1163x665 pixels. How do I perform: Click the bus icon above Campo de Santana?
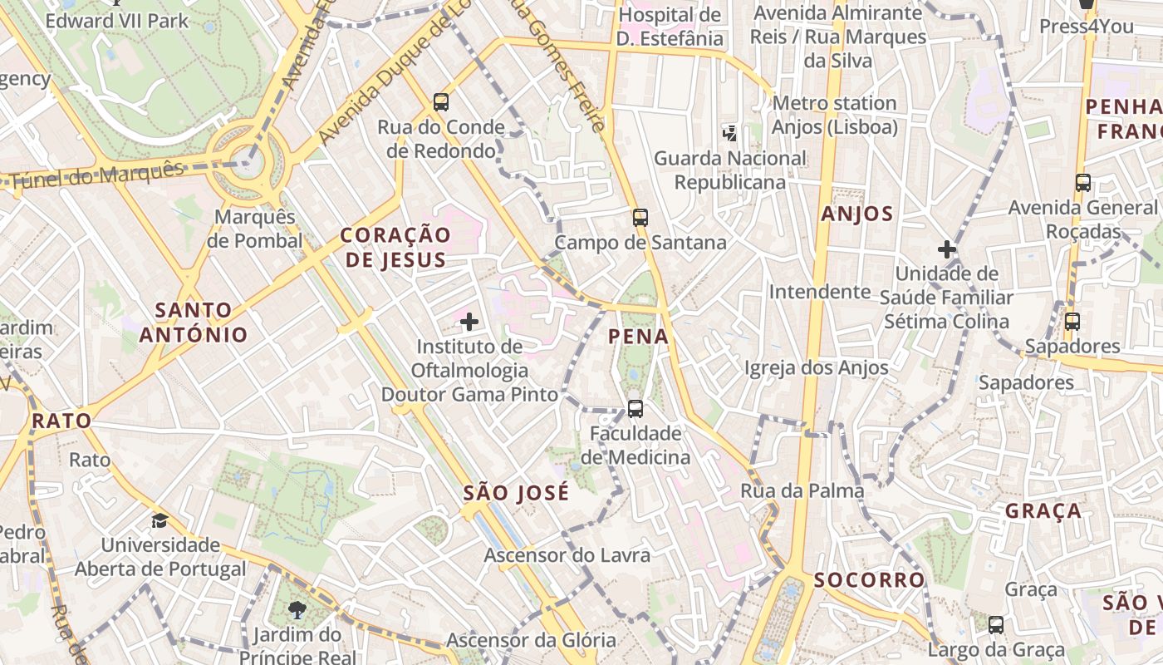click(640, 218)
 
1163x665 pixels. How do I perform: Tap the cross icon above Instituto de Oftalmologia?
click(469, 322)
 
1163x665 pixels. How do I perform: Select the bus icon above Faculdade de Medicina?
click(635, 408)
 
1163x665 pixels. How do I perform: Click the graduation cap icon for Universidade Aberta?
click(159, 521)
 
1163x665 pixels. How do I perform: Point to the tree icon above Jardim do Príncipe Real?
click(297, 610)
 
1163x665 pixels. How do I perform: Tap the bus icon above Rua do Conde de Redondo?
click(441, 102)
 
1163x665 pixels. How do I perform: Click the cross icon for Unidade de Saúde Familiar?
click(946, 249)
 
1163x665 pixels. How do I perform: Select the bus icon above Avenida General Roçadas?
click(1082, 183)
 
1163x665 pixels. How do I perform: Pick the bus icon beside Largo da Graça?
click(995, 624)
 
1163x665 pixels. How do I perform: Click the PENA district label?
click(638, 337)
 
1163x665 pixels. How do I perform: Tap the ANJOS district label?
click(857, 214)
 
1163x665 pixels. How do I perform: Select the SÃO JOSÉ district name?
click(516, 493)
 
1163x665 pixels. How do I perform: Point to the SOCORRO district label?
click(869, 579)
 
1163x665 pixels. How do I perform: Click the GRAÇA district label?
click(1043, 510)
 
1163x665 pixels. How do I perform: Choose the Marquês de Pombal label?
click(255, 229)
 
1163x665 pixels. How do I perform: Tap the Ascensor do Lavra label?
click(567, 555)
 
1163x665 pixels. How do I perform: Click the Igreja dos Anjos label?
click(816, 367)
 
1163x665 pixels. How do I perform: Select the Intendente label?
click(819, 292)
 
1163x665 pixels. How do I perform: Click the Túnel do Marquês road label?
click(98, 175)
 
